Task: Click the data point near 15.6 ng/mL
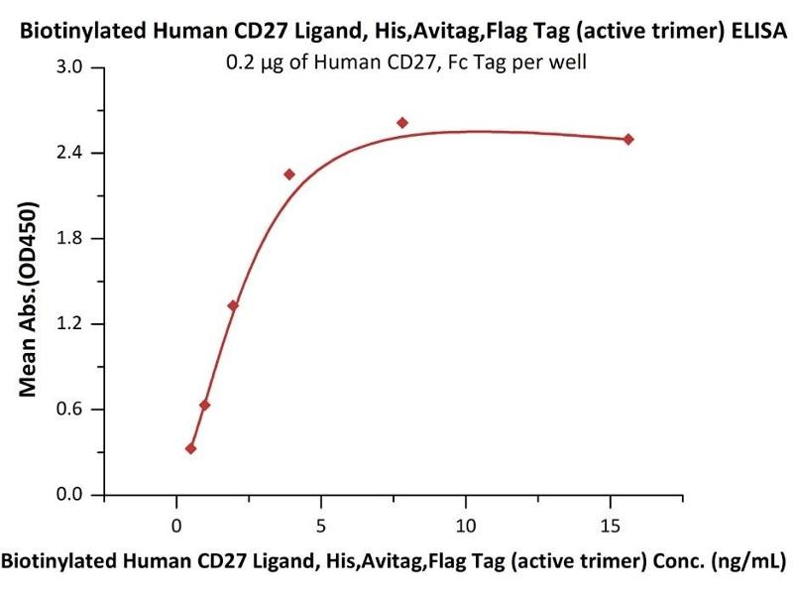[628, 139]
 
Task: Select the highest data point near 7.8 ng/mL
[402, 123]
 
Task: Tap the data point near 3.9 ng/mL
[289, 175]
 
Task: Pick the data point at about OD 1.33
[233, 305]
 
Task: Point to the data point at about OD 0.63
[204, 405]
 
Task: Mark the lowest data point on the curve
[190, 448]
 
